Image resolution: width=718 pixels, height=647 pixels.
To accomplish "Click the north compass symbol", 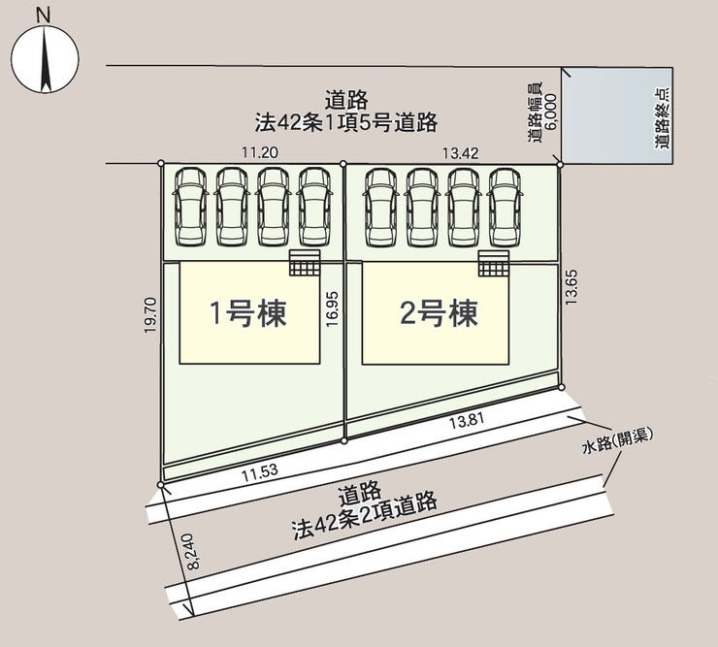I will (45, 58).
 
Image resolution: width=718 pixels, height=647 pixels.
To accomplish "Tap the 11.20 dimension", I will (260, 152).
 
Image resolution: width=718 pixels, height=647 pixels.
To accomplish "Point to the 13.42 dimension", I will (461, 152).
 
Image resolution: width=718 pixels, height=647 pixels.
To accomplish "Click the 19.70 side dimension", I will (149, 316).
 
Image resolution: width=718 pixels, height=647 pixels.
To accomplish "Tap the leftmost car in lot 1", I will (189, 207).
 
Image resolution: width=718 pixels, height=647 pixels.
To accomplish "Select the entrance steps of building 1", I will (304, 262).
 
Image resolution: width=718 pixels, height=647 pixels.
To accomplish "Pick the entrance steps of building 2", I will (494, 262).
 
